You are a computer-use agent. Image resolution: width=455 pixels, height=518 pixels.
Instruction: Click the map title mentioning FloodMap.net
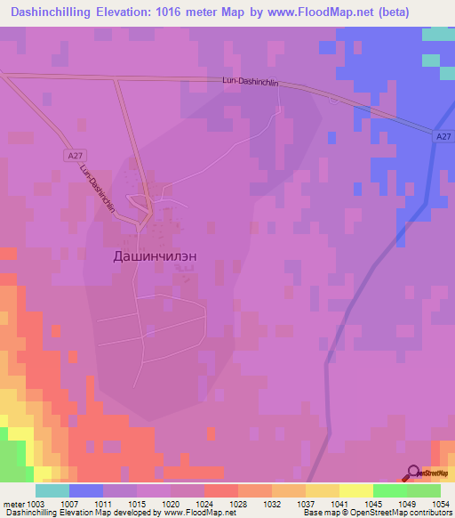coord(227,12)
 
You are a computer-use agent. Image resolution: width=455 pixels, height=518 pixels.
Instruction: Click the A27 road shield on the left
coord(76,155)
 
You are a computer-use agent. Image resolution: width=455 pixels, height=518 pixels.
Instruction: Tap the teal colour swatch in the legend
coord(52,490)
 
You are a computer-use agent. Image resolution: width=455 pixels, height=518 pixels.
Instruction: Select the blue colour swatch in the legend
coord(86,490)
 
